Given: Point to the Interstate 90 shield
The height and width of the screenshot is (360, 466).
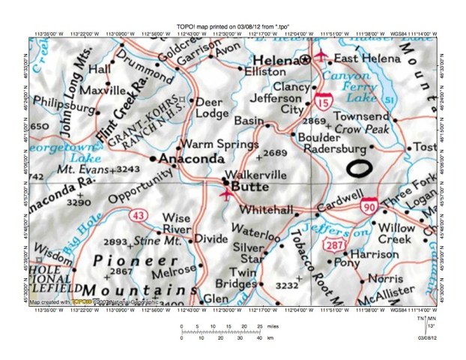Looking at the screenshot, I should pyautogui.click(x=368, y=205).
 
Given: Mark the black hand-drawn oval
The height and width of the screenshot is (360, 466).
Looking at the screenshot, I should pyautogui.click(x=359, y=166).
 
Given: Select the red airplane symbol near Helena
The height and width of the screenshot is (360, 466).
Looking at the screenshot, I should pyautogui.click(x=321, y=55).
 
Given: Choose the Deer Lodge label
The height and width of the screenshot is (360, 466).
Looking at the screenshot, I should pyautogui.click(x=211, y=108).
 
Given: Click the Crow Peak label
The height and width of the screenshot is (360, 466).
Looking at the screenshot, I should pyautogui.click(x=358, y=129).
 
